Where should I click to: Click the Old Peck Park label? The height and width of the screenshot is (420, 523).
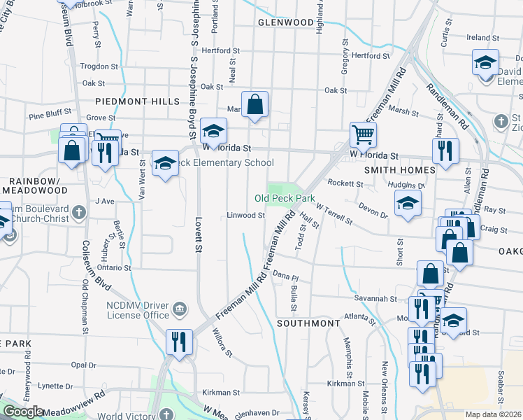click(285, 199)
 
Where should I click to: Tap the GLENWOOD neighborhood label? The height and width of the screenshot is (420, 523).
click(285, 22)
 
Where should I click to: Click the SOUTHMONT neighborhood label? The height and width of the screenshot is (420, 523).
click(308, 323)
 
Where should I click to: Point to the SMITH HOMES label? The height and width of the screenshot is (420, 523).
click(400, 169)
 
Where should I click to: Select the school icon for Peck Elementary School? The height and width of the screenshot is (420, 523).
click(165, 163)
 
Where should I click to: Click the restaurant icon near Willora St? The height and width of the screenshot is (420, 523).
click(180, 342)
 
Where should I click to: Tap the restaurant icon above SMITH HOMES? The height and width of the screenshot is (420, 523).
click(444, 150)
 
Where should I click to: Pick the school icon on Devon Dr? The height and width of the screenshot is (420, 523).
click(408, 204)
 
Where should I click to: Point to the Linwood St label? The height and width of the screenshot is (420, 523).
click(245, 215)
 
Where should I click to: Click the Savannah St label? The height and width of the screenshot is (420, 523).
click(389, 299)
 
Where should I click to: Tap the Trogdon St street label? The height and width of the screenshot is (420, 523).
click(99, 66)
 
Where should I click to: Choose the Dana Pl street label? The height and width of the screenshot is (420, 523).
click(286, 277)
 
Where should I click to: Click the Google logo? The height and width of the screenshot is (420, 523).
click(23, 412)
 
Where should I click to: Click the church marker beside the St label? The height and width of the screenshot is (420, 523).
click(501, 122)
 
